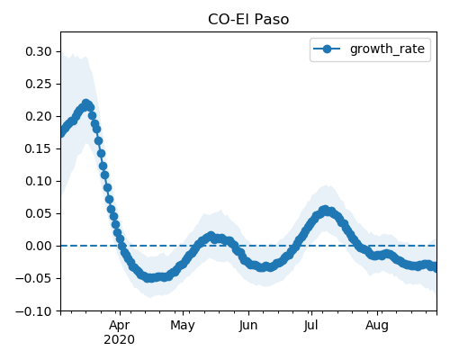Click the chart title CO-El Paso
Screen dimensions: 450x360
pyautogui.click(x=248, y=20)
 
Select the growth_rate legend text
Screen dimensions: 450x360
pyautogui.click(x=387, y=49)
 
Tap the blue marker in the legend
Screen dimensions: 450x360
pyautogui.click(x=327, y=49)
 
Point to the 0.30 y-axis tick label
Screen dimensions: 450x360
pyautogui.click(x=39, y=51)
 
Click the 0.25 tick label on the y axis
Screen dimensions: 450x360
pyautogui.click(x=39, y=84)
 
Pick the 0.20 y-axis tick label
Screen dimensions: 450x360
pyautogui.click(x=39, y=116)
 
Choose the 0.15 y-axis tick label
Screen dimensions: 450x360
pyautogui.click(x=39, y=148)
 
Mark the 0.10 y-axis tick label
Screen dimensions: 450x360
pyautogui.click(x=39, y=181)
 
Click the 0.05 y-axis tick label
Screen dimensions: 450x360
pyautogui.click(x=39, y=213)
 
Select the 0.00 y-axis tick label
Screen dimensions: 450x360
pyautogui.click(x=39, y=246)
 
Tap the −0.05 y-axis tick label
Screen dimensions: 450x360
pyautogui.click(x=34, y=278)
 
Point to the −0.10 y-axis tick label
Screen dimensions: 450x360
pyautogui.click(x=34, y=311)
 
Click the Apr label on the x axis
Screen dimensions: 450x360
pyautogui.click(x=120, y=326)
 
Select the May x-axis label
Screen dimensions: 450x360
pyautogui.click(x=183, y=326)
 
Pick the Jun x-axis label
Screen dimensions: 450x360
pyautogui.click(x=248, y=326)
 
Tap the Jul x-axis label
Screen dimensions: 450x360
pyautogui.click(x=310, y=326)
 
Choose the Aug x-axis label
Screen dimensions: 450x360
pyautogui.click(x=377, y=326)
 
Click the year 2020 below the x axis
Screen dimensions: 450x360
pyautogui.click(x=119, y=340)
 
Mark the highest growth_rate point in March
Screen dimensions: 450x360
pyautogui.click(x=86, y=103)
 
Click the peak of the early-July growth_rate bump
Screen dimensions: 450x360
pyautogui.click(x=325, y=210)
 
